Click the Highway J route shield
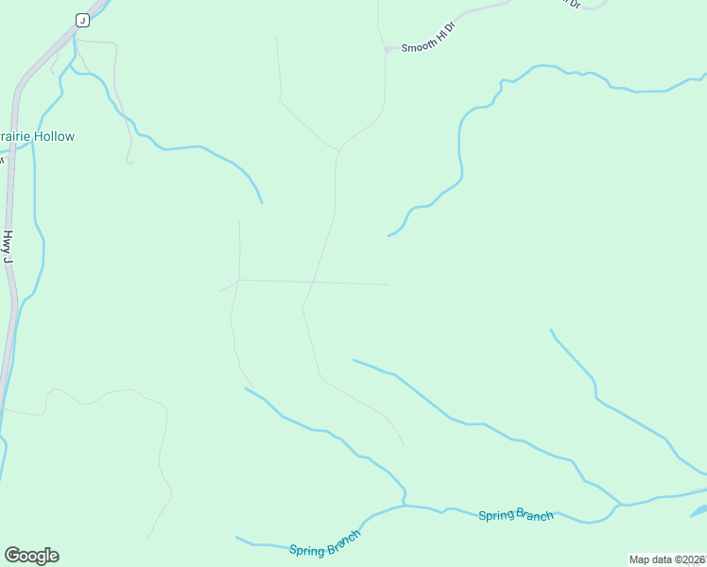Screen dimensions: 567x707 [82, 20]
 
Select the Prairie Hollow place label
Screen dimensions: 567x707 [36, 137]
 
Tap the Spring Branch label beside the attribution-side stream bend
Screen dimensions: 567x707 [515, 515]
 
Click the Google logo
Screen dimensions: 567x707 [31, 556]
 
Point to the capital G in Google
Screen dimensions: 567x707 [12, 556]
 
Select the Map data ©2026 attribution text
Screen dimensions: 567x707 [667, 559]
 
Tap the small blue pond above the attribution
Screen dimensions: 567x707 [698, 511]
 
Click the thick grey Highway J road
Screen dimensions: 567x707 [11, 189]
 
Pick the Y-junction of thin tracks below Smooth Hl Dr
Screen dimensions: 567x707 [337, 149]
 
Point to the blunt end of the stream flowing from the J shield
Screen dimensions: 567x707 [262, 201]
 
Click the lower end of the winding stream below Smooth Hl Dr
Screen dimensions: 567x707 [388, 235]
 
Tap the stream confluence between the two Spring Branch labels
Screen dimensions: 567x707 [405, 505]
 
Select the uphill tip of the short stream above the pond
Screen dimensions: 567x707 [552, 331]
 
